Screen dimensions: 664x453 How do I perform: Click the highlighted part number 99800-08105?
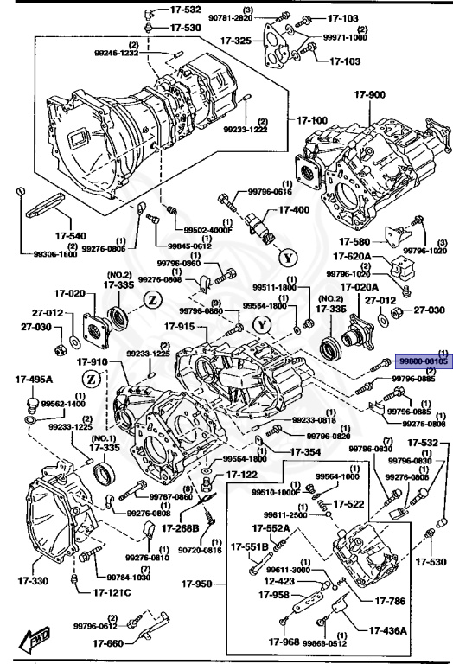pos(423,363)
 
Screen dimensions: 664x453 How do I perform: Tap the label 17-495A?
pos(33,380)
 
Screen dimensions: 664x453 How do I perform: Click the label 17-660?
pos(110,643)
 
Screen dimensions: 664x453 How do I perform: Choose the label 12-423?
pos(275,581)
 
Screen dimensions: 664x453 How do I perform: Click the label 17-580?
pos(354,241)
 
